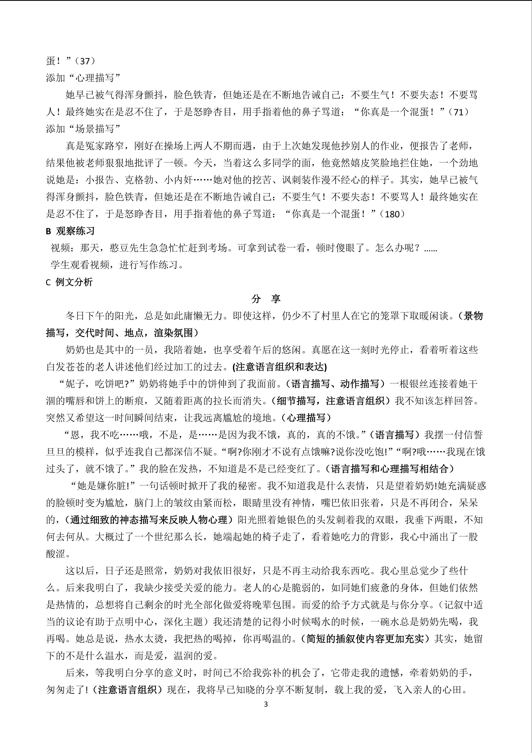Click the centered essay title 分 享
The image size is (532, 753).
click(x=266, y=299)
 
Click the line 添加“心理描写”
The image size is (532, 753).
click(x=84, y=78)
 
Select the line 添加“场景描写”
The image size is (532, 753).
click(x=84, y=129)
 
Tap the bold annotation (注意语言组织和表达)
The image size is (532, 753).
click(x=280, y=367)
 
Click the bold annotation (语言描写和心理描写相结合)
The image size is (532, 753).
click(x=392, y=469)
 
